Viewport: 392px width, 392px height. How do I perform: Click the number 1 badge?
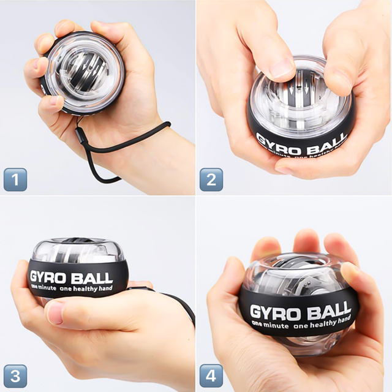(x=15, y=179)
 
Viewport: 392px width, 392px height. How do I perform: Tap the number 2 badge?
(x=211, y=179)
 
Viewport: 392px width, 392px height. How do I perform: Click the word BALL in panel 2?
(x=326, y=143)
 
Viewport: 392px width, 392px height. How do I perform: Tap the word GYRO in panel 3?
(x=48, y=277)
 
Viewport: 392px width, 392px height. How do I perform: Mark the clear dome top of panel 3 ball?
(x=77, y=250)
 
